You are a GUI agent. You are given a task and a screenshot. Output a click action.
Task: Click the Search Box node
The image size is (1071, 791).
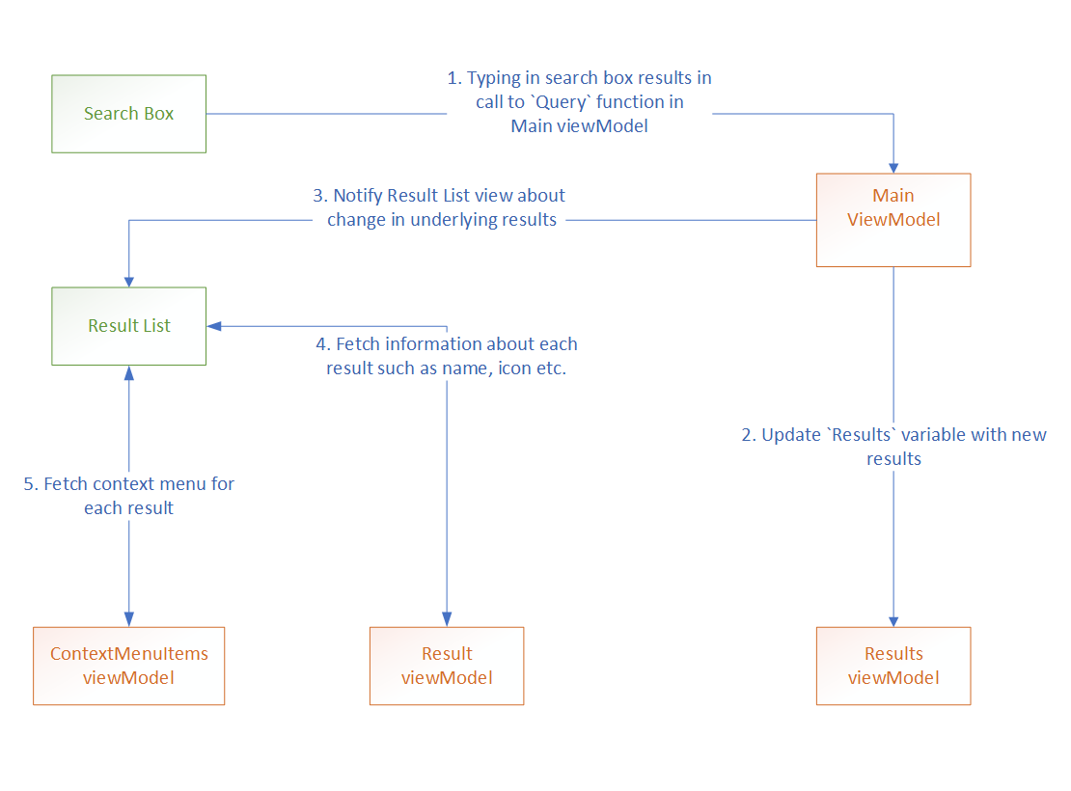click(x=128, y=114)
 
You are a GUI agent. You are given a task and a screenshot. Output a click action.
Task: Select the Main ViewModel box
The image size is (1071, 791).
click(x=893, y=220)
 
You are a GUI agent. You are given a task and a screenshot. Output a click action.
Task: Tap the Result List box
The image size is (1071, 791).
click(x=128, y=326)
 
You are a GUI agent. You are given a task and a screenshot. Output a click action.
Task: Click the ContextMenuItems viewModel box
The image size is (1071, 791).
click(x=128, y=666)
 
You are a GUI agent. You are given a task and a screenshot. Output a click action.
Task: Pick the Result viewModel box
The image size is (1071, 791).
click(x=447, y=666)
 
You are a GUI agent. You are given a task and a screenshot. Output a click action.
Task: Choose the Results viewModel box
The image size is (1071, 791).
click(x=893, y=666)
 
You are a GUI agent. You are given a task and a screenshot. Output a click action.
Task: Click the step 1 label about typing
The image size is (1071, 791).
click(x=579, y=101)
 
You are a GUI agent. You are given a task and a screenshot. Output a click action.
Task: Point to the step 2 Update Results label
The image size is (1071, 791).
click(x=893, y=447)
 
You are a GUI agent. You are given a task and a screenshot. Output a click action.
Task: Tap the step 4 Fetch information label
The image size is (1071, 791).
click(x=447, y=356)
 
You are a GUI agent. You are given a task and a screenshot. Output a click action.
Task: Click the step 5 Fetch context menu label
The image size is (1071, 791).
click(x=128, y=496)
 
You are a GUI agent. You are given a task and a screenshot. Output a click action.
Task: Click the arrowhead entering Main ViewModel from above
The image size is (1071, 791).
click(x=893, y=166)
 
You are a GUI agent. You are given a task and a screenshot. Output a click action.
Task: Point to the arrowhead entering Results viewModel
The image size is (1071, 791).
click(x=893, y=619)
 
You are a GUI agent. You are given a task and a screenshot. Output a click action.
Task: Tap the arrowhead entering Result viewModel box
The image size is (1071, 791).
click(x=447, y=619)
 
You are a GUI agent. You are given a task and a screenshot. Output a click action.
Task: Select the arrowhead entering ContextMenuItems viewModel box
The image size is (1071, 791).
click(x=128, y=619)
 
